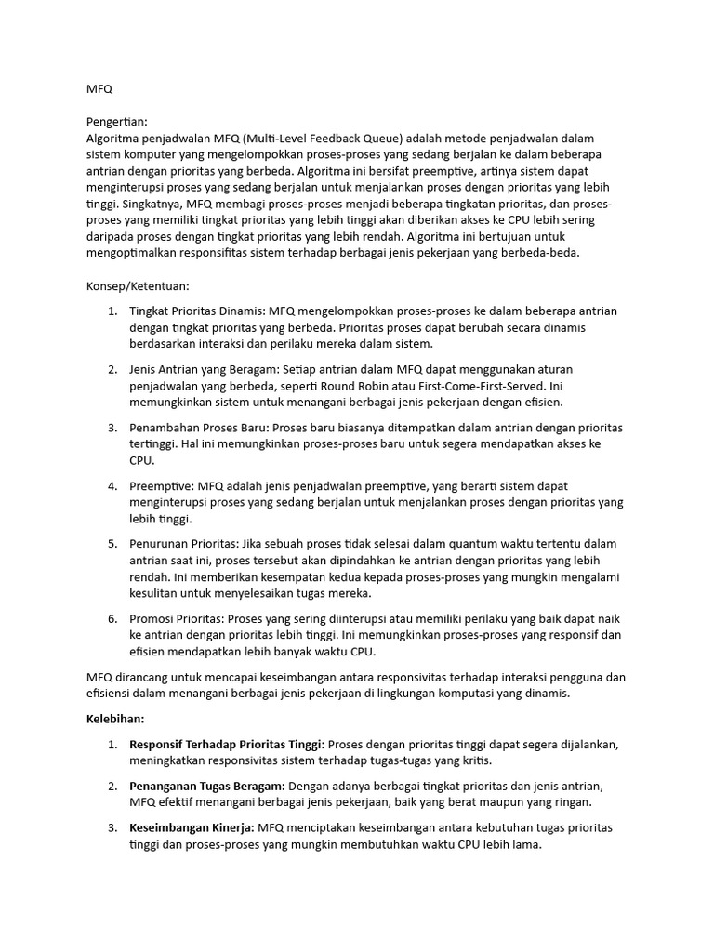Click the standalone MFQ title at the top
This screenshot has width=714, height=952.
(99, 89)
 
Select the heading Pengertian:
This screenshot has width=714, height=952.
(116, 122)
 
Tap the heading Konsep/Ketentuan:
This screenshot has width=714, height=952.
(137, 286)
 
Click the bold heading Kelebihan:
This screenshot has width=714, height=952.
(115, 719)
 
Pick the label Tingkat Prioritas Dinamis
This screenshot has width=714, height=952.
(197, 311)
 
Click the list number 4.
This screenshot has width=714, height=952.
(112, 485)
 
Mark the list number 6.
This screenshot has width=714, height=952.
(112, 618)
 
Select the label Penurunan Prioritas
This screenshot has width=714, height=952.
(183, 543)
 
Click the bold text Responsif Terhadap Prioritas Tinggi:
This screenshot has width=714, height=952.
(227, 744)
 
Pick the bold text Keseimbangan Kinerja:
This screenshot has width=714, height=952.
(192, 826)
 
